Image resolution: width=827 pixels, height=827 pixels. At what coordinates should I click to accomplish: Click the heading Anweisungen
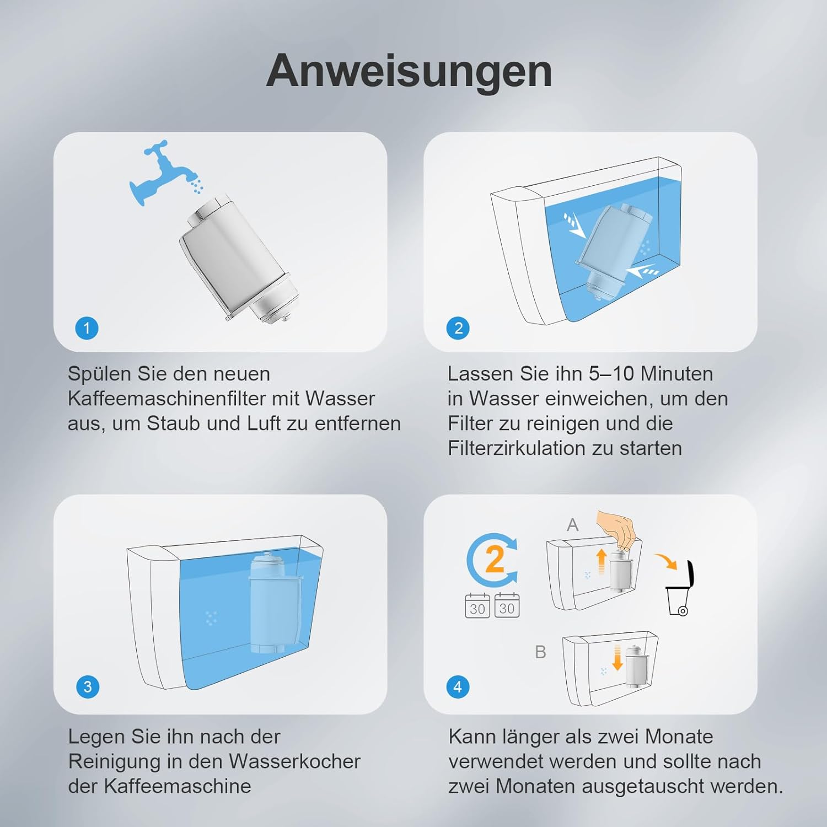click(409, 72)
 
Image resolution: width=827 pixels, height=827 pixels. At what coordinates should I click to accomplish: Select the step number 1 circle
click(87, 329)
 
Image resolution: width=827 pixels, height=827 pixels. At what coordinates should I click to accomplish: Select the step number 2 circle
click(458, 329)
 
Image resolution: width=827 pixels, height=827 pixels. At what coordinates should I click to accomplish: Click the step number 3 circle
click(88, 687)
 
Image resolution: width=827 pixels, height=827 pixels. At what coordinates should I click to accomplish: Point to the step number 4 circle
click(458, 687)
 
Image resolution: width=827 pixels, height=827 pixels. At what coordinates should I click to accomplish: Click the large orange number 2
click(495, 559)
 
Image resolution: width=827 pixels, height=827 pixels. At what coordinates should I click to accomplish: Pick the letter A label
click(573, 525)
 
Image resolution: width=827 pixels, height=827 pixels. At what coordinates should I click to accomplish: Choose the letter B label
click(540, 652)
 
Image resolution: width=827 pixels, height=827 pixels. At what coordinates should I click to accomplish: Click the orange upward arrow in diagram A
click(602, 561)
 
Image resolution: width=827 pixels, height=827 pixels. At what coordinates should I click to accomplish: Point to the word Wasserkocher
click(294, 761)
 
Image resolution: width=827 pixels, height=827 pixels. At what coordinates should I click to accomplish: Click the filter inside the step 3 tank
click(268, 604)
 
